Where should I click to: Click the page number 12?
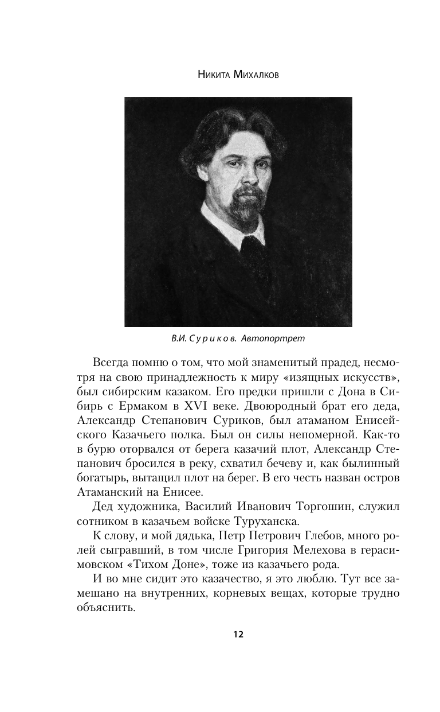(238, 634)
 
